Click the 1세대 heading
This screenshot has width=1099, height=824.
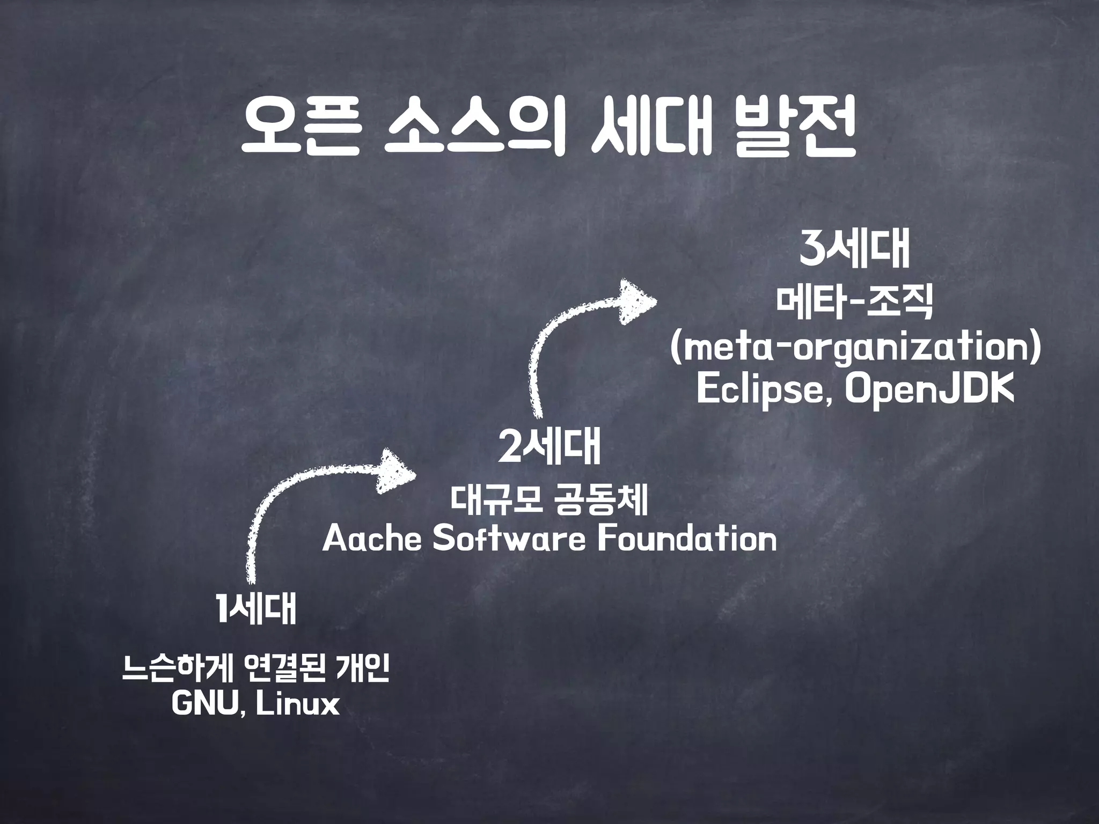click(256, 609)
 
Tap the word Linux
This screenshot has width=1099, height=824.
click(298, 704)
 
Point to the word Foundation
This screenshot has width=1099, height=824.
click(687, 539)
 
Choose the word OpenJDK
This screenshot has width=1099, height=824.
click(929, 391)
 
